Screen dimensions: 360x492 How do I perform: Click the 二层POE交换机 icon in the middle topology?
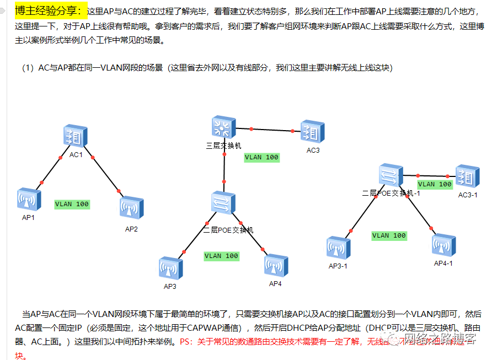pyautogui.click(x=223, y=203)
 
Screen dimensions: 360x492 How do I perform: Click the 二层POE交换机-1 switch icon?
pyautogui.click(x=391, y=176)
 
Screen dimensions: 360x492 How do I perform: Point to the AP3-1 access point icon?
pyautogui.click(x=338, y=248)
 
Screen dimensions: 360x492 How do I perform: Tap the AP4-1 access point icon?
pyautogui.click(x=443, y=246)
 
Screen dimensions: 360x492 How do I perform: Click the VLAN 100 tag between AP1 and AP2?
pyautogui.click(x=72, y=204)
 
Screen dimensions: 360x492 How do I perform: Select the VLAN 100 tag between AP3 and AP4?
pyautogui.click(x=221, y=256)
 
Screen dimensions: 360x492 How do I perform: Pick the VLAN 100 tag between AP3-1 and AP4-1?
pyautogui.click(x=389, y=235)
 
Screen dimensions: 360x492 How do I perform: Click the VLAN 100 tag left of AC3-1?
pyautogui.click(x=435, y=184)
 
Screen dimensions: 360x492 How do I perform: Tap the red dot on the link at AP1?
pyautogui.click(x=41, y=181)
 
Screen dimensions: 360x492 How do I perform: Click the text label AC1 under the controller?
pyautogui.click(x=76, y=155)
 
